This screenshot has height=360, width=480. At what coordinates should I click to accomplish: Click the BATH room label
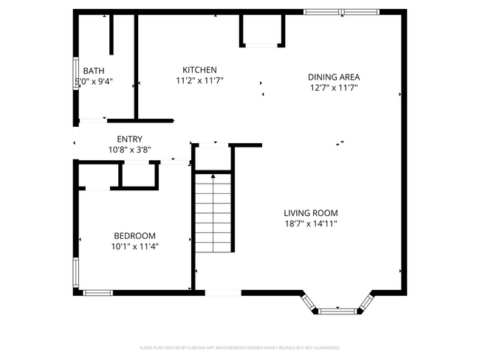(93, 71)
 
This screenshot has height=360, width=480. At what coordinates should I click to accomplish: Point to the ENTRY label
(129, 139)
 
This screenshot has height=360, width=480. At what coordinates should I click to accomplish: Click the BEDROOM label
(134, 235)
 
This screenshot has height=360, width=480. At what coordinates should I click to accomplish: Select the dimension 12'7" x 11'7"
(334, 88)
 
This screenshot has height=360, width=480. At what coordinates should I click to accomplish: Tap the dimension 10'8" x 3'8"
(129, 150)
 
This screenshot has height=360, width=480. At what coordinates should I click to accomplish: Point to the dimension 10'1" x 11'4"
(134, 246)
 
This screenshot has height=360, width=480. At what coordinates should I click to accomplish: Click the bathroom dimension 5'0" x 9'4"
(93, 82)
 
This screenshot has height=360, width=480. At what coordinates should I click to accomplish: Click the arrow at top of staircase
(213, 176)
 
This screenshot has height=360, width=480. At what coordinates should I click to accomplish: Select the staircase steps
(213, 214)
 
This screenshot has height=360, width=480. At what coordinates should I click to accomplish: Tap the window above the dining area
(341, 11)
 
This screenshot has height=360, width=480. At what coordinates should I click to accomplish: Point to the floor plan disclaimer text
(239, 347)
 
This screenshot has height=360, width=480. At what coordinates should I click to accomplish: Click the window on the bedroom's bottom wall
(97, 293)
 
